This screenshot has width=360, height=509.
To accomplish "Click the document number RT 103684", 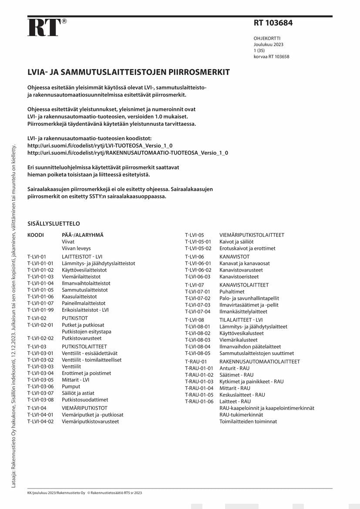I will point(273,23).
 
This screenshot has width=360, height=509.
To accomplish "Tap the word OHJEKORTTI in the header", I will point(267,38).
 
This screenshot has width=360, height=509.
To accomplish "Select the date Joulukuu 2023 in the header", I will point(269,44).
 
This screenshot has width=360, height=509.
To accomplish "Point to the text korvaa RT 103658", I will point(272,57).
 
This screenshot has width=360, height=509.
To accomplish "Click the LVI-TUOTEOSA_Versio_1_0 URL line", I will point(100,145).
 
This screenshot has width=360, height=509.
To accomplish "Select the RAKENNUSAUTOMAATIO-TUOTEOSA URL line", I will point(128,153).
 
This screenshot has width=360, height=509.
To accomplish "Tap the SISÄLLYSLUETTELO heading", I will point(54,223).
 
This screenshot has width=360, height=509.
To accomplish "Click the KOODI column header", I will point(36,235).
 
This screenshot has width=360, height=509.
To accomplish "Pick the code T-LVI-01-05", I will point(40,290).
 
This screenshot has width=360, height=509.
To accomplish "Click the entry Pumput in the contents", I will point(71,387).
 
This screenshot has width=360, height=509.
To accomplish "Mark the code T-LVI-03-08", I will point(40,400).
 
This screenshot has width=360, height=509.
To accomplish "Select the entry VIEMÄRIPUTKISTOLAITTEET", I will point(252,235).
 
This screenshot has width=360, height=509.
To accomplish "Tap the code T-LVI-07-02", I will point(198,298).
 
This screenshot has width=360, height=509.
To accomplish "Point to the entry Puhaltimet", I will point(232,292).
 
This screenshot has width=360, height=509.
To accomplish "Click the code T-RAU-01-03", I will point(199,381).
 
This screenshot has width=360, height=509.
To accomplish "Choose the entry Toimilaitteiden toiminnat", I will point(248,421).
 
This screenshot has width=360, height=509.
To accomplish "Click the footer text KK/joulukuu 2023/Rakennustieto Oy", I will point(56,493).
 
